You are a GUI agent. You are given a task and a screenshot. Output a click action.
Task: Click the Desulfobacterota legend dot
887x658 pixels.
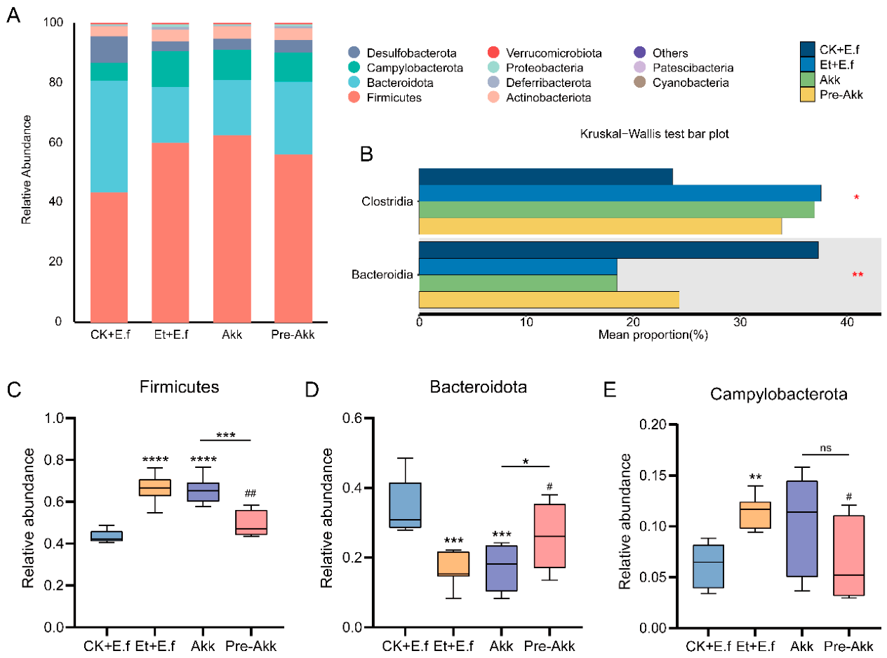coord(354,53)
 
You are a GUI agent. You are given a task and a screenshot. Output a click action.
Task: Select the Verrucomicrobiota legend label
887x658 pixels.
coord(554,53)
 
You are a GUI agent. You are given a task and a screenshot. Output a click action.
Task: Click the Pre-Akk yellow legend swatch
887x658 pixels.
coord(807,95)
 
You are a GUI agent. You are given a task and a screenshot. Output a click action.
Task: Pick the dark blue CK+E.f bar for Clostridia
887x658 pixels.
coord(545,177)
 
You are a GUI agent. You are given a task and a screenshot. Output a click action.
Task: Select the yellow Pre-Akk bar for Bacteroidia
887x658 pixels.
coord(549,300)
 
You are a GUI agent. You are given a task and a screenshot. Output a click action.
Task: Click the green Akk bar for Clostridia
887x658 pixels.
coord(617,210)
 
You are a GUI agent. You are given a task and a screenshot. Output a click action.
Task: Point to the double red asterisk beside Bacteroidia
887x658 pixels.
coord(858,274)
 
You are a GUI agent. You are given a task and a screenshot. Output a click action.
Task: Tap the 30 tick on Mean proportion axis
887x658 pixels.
coord(740,322)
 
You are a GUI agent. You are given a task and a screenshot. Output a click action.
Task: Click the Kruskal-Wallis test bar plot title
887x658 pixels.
coord(654,133)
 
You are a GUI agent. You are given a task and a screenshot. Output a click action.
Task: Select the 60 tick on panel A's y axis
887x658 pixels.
coord(55,142)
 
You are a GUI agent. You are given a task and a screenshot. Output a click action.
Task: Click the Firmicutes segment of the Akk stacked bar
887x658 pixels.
coord(232,229)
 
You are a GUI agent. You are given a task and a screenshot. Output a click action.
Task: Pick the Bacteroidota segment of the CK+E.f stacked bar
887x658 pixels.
coord(109,137)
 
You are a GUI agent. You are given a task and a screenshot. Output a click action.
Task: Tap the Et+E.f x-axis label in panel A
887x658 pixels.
coord(171,334)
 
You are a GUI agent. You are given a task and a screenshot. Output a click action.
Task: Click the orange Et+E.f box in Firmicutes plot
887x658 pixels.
coord(155,488)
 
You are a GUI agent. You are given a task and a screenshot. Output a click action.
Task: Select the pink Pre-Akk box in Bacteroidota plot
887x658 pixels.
coord(549,536)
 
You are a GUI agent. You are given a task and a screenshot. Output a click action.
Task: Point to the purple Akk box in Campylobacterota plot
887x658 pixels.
coord(802,528)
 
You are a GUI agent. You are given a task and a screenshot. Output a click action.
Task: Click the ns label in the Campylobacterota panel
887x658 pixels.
coord(825,448)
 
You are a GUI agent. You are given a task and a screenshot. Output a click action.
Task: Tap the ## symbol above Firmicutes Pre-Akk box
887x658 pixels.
coord(251,493)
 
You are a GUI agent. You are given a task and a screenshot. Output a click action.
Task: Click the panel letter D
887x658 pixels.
coord(312,389)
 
